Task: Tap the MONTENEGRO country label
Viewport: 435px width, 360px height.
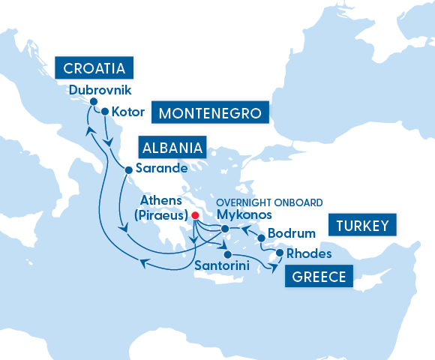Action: pos(210,113)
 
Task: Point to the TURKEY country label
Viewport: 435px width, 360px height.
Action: pos(361,225)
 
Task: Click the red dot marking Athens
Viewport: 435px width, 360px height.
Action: pos(194,214)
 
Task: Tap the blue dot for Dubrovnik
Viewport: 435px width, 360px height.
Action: pos(94,102)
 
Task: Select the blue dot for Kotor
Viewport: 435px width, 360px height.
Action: pos(105,112)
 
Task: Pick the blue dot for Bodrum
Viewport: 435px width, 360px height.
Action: pos(262,238)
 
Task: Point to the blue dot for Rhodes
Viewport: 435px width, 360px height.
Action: pos(280,253)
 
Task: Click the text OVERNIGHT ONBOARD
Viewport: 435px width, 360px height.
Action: pos(268,202)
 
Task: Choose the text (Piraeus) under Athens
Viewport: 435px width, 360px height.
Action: pos(160,215)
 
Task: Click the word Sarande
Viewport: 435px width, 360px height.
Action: pos(160,169)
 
